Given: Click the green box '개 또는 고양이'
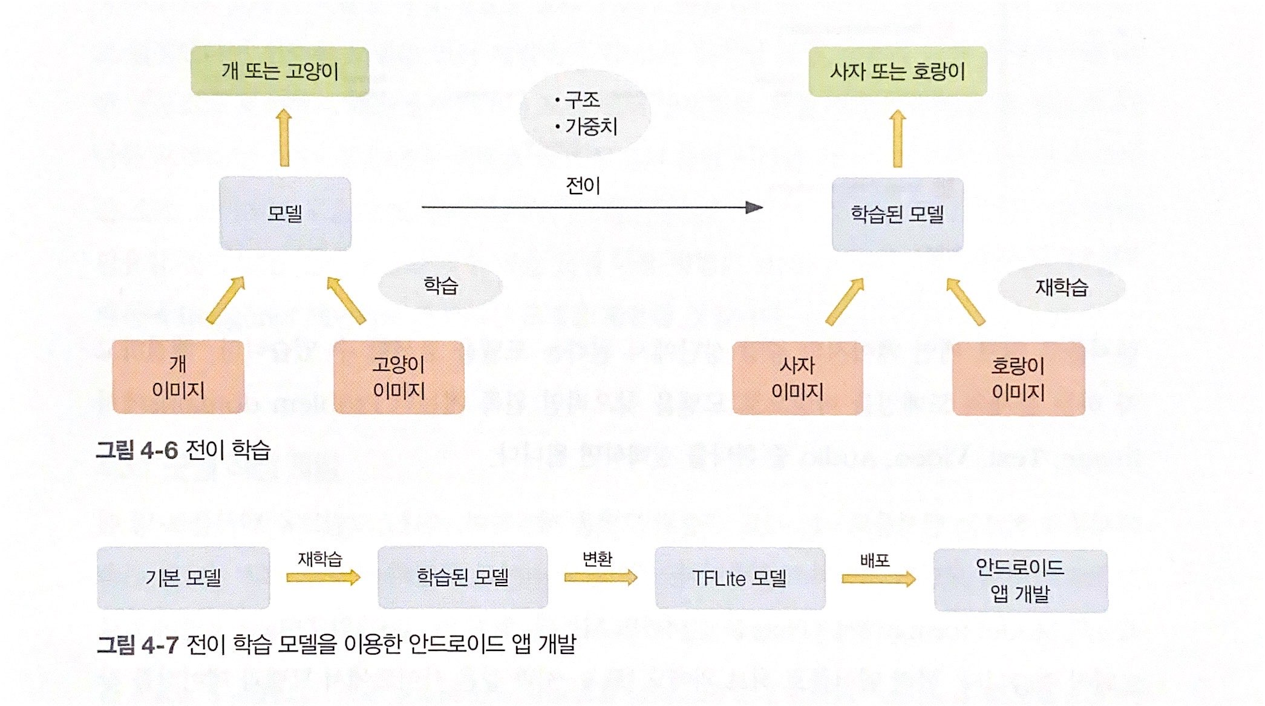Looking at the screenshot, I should pyautogui.click(x=280, y=71).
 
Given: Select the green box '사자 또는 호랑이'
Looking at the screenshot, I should pyautogui.click(x=898, y=71).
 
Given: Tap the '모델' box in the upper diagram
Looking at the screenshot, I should pyautogui.click(x=285, y=214).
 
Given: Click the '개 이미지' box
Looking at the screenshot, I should pyautogui.click(x=178, y=377).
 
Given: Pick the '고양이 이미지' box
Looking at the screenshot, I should pyautogui.click(x=399, y=378).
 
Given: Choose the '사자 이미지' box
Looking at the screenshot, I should pyautogui.click(x=797, y=379).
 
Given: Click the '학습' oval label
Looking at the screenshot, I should pyautogui.click(x=440, y=286).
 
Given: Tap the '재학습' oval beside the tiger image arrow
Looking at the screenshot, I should pyautogui.click(x=1061, y=287).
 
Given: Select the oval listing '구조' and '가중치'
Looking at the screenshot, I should pyautogui.click(x=585, y=113).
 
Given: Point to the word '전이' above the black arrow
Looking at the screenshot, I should pyautogui.click(x=583, y=186).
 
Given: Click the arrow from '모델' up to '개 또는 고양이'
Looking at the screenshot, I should pyautogui.click(x=284, y=138).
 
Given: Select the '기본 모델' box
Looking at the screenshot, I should pyautogui.click(x=183, y=578).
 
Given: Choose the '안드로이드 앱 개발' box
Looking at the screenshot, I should pyautogui.click(x=1021, y=581).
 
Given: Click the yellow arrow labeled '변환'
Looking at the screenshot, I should pyautogui.click(x=601, y=578).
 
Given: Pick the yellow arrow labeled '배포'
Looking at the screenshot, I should pyautogui.click(x=878, y=579).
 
